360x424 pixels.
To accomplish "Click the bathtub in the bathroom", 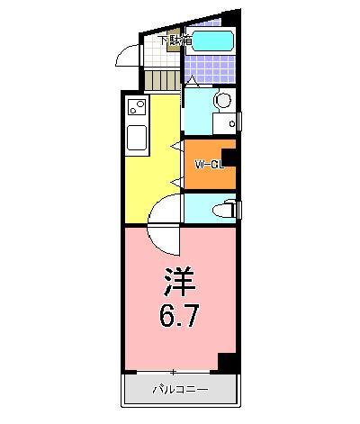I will (211, 41).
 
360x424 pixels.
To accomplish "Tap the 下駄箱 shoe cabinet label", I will (174, 41).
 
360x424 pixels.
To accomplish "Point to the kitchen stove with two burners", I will (137, 109).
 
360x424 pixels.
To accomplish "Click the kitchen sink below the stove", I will (138, 139).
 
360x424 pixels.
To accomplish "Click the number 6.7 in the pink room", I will (180, 317).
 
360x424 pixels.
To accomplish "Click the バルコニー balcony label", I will (179, 389).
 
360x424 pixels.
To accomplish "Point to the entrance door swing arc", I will (126, 57).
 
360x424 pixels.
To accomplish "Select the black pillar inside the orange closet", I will (229, 158).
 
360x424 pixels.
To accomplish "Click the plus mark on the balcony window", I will (174, 372).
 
